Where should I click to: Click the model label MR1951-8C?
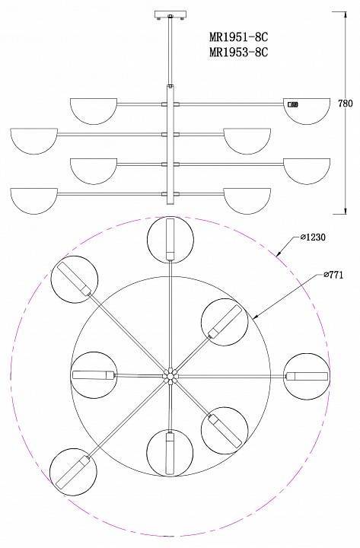coord(239,37)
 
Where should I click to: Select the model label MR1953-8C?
coord(239,52)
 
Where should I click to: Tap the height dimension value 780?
coord(346,104)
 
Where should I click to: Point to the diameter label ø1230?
coord(313,237)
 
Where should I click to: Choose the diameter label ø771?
coord(333,275)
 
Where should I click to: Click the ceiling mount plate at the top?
coord(170,15)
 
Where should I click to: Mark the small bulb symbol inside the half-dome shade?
coord(292,104)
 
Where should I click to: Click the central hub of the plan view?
coord(170,376)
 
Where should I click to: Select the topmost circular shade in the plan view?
coord(170,240)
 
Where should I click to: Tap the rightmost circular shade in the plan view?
coord(307,377)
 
